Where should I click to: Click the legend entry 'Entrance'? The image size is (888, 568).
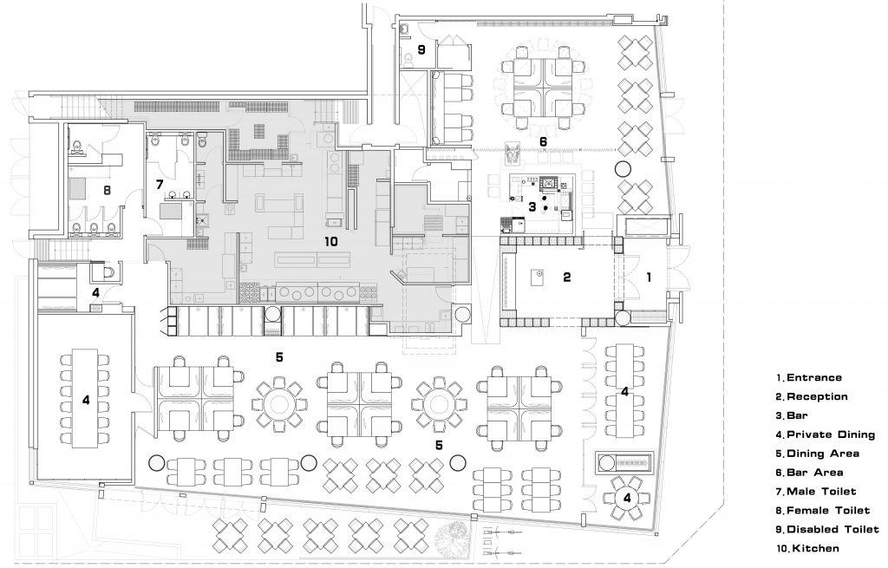pos(809,378)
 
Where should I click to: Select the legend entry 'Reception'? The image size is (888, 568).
pos(812,396)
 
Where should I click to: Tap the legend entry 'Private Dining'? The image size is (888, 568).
pos(826,434)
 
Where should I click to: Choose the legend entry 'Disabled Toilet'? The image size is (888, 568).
pos(827,529)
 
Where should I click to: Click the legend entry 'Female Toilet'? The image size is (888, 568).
pos(823,510)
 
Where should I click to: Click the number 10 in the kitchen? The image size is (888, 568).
pos(331,242)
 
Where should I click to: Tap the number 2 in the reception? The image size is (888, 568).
pos(567,277)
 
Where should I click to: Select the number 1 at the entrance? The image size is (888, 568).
pos(649,277)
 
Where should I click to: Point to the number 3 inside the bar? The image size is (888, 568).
pos(532,206)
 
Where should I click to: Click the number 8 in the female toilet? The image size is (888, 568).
pos(107,190)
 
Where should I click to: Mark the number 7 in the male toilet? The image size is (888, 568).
pos(160,184)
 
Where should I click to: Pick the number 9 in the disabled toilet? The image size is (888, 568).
pos(421,49)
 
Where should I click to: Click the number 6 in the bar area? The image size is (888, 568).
pos(543,141)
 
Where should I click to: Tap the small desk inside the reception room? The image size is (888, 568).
pos(537,277)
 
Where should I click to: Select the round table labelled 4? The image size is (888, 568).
pos(626,498)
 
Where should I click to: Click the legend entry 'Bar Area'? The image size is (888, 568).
pos(809,473)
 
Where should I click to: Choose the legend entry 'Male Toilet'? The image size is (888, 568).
pos(816,492)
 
